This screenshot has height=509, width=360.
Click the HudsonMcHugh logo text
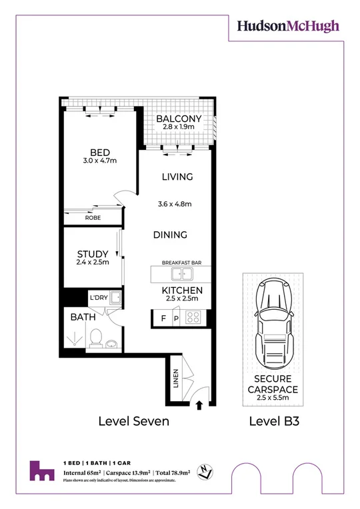pos(288,26)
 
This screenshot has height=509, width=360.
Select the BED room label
pos(99,153)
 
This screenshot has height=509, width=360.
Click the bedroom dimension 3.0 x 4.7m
pos(99,161)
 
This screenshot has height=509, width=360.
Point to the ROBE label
pos(93,217)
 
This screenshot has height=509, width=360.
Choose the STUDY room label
pos(93,253)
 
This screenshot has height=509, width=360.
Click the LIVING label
pos(177,177)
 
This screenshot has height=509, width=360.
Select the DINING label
pos(169,235)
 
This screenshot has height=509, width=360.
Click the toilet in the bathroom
pos(95,338)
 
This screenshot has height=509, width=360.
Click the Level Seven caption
pos(133,421)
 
